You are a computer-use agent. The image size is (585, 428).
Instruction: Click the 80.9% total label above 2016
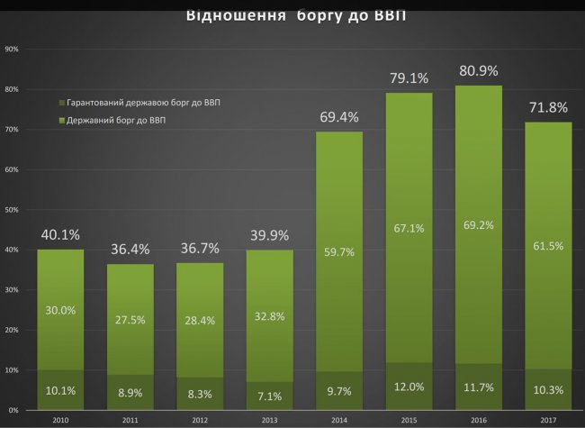tap(478, 69)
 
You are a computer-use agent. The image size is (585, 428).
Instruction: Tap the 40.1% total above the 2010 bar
tap(59, 235)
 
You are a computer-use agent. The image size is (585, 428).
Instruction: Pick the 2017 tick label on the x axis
tap(548, 419)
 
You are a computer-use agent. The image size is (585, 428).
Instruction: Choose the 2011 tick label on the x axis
tap(130, 419)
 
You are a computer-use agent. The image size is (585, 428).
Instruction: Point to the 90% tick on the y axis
tap(12, 49)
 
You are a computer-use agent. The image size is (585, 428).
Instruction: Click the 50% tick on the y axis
tap(12, 210)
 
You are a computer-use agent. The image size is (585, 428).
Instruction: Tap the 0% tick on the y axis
tap(13, 411)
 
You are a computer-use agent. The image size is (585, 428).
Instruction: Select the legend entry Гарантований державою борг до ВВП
tap(139, 103)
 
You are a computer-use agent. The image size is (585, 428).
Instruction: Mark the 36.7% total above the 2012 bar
tap(199, 248)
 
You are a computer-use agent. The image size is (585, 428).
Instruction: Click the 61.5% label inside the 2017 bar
tap(548, 246)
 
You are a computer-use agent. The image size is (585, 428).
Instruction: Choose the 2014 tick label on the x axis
tap(338, 419)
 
